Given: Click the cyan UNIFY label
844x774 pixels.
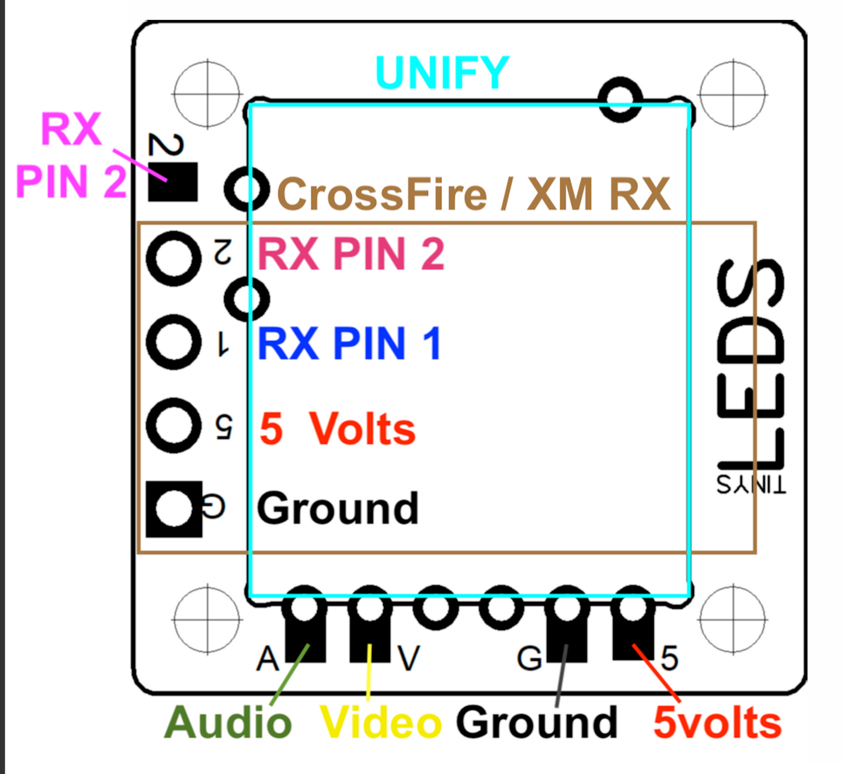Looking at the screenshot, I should [x=442, y=73].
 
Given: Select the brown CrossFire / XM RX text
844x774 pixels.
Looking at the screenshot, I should [x=473, y=194].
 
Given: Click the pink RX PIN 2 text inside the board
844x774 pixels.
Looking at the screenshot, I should [x=350, y=254].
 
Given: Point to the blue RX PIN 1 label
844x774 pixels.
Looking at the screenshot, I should [x=349, y=343].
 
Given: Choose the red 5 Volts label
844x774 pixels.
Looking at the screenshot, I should [x=337, y=429].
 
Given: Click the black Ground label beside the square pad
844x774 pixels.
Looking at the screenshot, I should [x=338, y=508].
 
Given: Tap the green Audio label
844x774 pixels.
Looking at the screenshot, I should [x=228, y=723].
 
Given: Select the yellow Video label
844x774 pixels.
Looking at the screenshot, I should [x=381, y=723].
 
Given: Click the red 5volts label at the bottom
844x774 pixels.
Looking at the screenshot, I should [x=717, y=723].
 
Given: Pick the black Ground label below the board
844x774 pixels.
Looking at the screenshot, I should [x=536, y=723].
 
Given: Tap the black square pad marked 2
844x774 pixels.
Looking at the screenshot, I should [x=173, y=182].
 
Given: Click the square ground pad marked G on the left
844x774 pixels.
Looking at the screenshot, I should [x=173, y=509].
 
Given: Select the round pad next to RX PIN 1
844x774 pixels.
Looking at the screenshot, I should [x=173, y=342].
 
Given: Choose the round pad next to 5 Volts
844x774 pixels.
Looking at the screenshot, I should [x=173, y=425].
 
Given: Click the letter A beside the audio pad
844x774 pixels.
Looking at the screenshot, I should [x=268, y=659].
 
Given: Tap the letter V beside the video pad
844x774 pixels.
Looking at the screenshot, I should [x=408, y=659].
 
